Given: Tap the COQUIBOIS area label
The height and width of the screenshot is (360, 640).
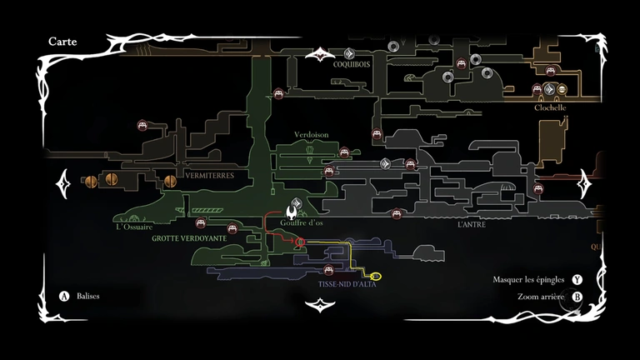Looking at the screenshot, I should (x=351, y=64).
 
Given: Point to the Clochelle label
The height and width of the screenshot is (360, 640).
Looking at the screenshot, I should (x=551, y=107).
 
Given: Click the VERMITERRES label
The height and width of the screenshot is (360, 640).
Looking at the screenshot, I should (x=209, y=176).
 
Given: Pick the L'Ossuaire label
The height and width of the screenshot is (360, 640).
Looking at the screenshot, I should (x=135, y=226).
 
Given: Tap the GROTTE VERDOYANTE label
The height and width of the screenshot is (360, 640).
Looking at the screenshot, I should (x=189, y=238).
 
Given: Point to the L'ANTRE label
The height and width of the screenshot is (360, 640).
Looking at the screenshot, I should (x=471, y=225).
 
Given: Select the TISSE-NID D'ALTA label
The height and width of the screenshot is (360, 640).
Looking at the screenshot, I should (x=347, y=284).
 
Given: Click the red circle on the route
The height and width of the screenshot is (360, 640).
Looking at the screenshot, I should (x=301, y=242).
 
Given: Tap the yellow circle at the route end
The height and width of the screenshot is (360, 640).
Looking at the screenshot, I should (x=375, y=276).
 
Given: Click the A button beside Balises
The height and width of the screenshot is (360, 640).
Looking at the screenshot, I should (x=63, y=296).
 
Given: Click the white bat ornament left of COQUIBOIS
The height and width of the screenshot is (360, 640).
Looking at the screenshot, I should (x=318, y=55).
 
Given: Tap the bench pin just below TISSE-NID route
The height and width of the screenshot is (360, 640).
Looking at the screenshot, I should (x=328, y=270).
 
